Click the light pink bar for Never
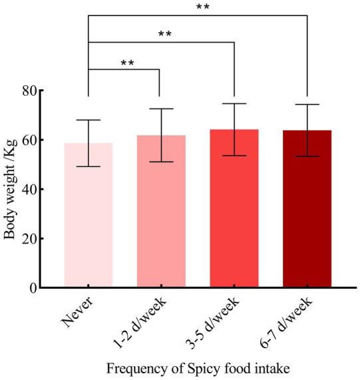[x=88, y=220]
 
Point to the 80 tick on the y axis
[x=28, y=91]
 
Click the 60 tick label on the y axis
[x=28, y=140]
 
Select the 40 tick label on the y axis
[x=28, y=189]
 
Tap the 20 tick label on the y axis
[x=28, y=238]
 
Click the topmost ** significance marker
[x=204, y=7]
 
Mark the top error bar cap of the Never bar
[x=88, y=120]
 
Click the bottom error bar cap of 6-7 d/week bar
[x=307, y=156]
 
